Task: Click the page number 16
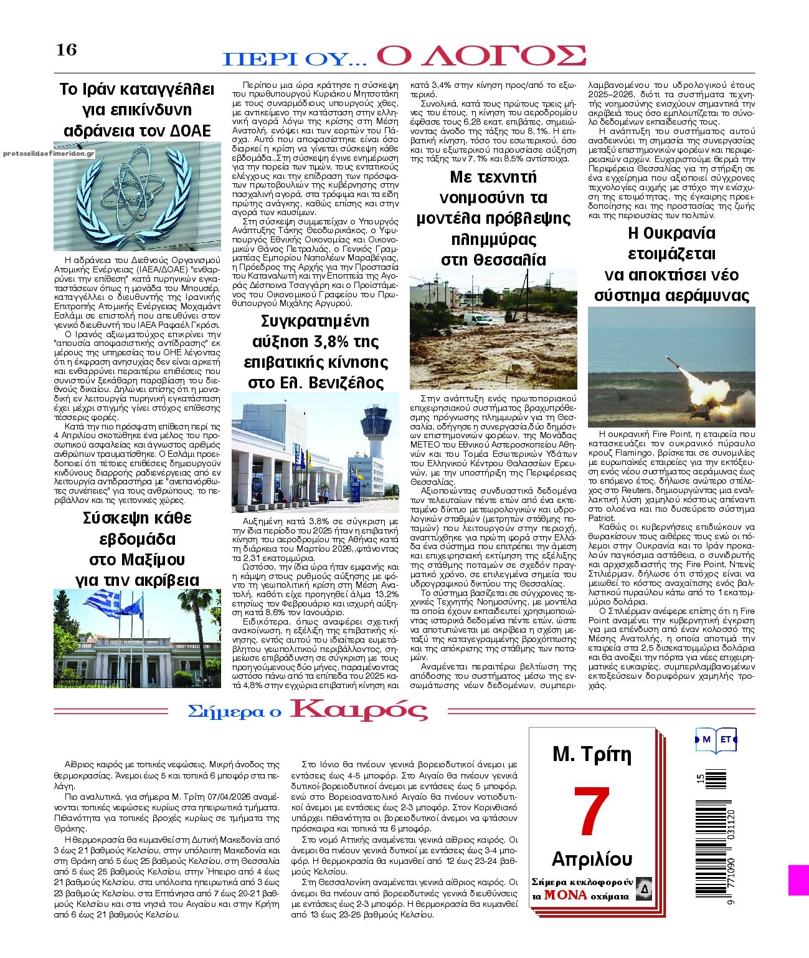click(67, 49)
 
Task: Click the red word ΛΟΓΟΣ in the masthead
click(481, 55)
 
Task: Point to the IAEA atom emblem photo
click(137, 196)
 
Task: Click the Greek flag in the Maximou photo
click(103, 603)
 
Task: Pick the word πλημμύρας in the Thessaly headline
click(493, 239)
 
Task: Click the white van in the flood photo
click(478, 320)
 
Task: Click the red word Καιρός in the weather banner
click(359, 710)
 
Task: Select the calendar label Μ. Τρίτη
click(592, 755)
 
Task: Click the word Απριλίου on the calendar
click(592, 860)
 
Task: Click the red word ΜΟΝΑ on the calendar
click(565, 895)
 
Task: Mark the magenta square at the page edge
click(798, 880)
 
